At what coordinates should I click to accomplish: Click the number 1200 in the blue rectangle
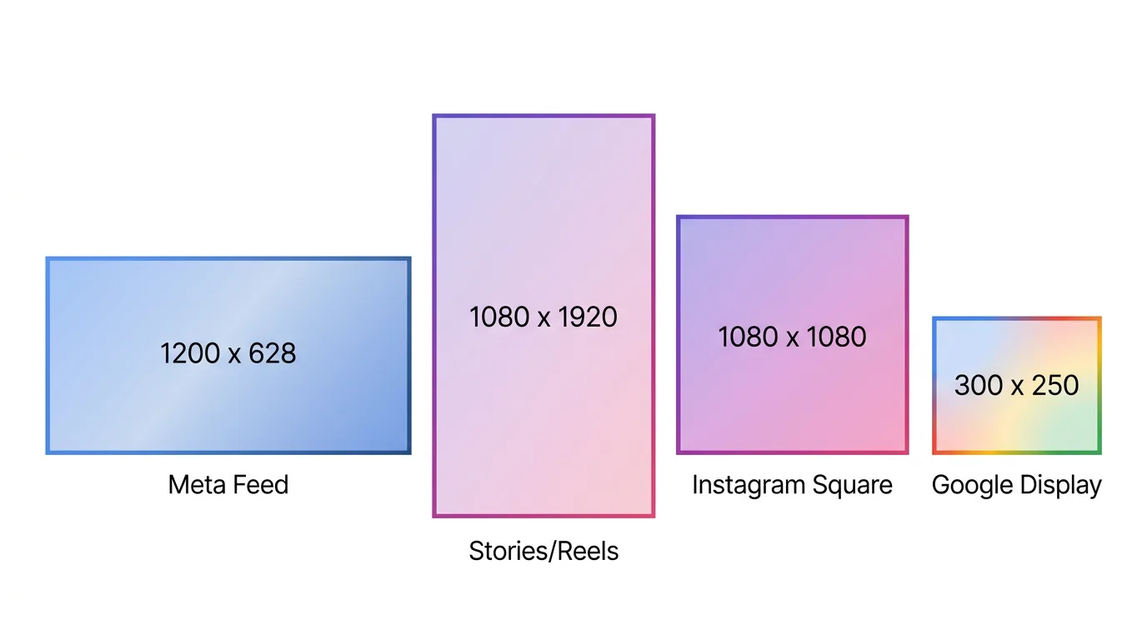point(190,353)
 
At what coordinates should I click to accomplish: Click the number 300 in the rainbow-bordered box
point(978,385)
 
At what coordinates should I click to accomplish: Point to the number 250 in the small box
point(1054,385)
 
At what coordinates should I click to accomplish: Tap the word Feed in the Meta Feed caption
point(260,485)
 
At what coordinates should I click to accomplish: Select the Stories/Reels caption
point(543,551)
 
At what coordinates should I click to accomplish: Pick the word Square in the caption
point(854,485)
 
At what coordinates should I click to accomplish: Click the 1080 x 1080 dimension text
point(792,337)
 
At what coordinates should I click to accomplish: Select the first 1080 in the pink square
point(748,337)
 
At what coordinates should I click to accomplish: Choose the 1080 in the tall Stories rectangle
point(499,317)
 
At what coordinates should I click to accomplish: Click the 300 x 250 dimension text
point(1016,385)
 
